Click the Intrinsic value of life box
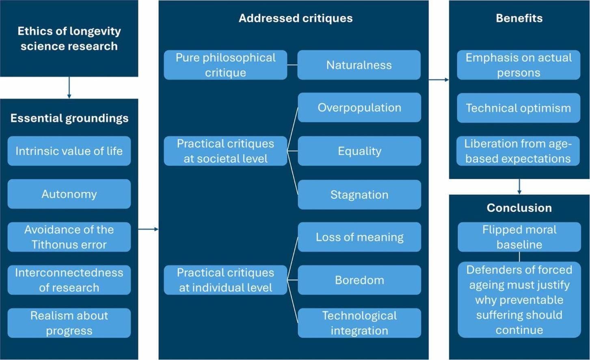pos(69,151)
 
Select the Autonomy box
pos(69,194)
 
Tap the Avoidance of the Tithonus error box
pos(69,237)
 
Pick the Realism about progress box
pos(69,323)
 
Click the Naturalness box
pos(359,65)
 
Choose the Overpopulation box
pos(359,108)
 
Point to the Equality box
pos(359,151)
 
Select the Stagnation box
pos(359,195)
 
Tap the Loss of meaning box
pos(359,237)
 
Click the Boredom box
pos(359,280)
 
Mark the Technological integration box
pos(359,323)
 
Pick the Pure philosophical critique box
pos(225,65)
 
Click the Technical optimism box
pos(519,108)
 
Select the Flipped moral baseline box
pos(519,237)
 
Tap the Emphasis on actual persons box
pos(519,65)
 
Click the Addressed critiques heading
pos(296,18)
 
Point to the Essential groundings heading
pos(69,118)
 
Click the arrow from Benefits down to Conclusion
pos(519,187)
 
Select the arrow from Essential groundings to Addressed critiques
pos(148,229)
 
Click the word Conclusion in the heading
pos(519,208)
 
